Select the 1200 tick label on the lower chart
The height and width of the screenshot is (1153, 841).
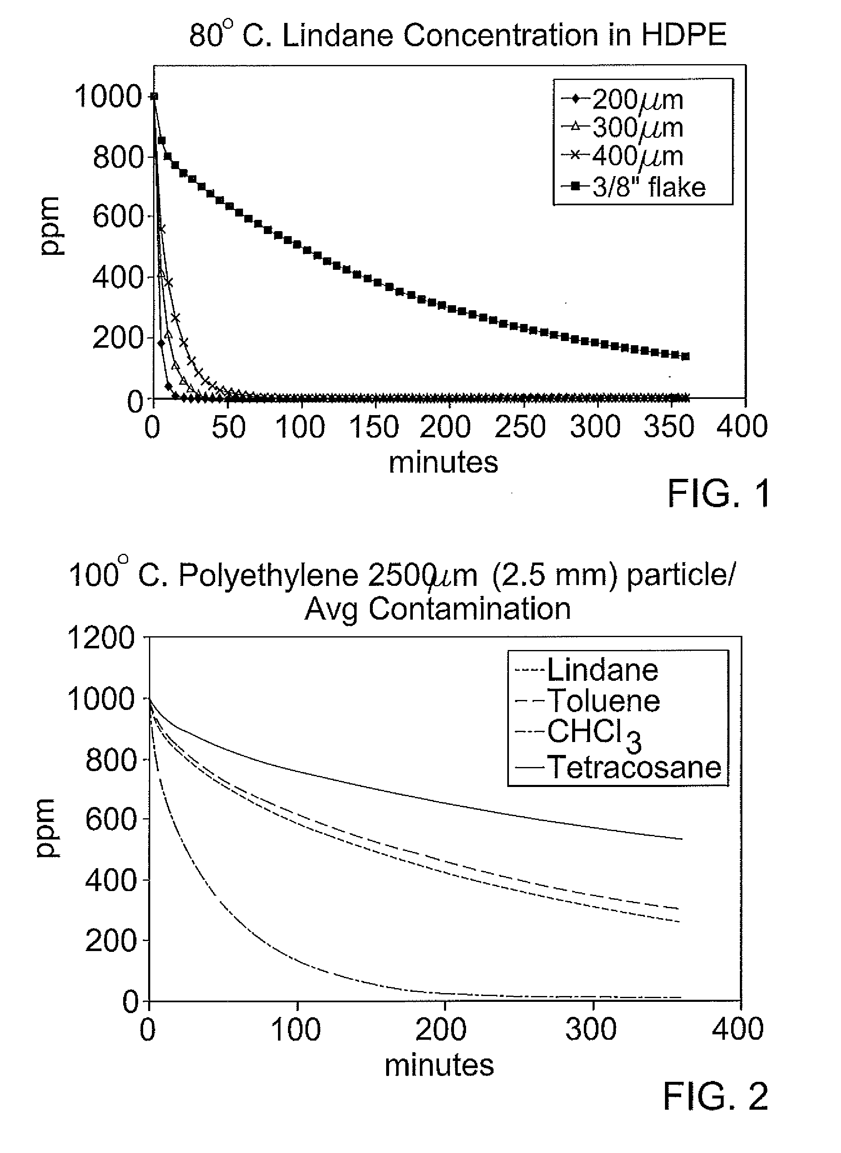(101, 638)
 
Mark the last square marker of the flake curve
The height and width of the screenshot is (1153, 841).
(686, 356)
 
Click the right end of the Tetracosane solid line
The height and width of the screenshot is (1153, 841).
(682, 839)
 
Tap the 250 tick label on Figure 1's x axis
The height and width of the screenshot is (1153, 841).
(520, 426)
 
